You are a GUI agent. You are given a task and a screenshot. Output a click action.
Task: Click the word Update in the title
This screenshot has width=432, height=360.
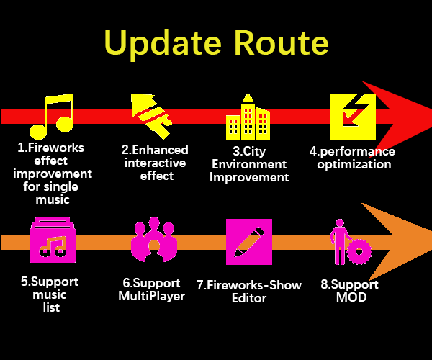pyautogui.click(x=163, y=44)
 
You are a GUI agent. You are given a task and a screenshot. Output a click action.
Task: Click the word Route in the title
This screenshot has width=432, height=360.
pyautogui.click(x=282, y=42)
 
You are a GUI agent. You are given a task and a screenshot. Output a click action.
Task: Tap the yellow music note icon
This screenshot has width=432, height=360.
pyautogui.click(x=52, y=116)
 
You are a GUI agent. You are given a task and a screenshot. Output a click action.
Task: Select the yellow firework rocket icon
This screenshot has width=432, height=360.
pyautogui.click(x=151, y=116)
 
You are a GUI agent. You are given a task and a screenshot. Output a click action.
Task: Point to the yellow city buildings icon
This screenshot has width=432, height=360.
pyautogui.click(x=248, y=117)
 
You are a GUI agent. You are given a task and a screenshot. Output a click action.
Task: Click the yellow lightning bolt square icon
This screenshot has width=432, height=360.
pyautogui.click(x=353, y=117)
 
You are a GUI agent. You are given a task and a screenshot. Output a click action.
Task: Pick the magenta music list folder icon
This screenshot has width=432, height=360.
pyautogui.click(x=53, y=240)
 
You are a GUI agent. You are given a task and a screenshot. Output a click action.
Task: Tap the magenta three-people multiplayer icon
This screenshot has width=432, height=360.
pyautogui.click(x=154, y=239)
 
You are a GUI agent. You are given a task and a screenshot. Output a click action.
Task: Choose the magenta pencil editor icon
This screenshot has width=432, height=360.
pyautogui.click(x=249, y=242)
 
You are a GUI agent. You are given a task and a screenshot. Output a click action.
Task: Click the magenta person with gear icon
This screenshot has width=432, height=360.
pyautogui.click(x=351, y=242)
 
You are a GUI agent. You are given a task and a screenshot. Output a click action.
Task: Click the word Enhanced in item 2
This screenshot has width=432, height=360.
pyautogui.click(x=160, y=150)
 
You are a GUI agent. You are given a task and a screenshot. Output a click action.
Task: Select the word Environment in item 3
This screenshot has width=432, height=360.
pyautogui.click(x=249, y=164)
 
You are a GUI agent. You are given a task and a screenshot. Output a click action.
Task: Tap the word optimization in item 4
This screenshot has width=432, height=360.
pyautogui.click(x=354, y=164)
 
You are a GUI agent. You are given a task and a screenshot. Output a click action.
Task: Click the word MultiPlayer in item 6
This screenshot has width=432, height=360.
pyautogui.click(x=152, y=296)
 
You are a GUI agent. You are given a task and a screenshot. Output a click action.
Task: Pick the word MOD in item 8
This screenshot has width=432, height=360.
pyautogui.click(x=351, y=297)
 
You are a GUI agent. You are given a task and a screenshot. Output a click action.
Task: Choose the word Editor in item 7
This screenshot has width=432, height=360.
pyautogui.click(x=249, y=298)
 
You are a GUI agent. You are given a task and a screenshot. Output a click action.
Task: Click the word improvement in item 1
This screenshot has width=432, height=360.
pyautogui.click(x=53, y=174)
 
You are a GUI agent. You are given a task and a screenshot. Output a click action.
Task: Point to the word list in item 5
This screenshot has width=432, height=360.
pyautogui.click(x=51, y=307)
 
